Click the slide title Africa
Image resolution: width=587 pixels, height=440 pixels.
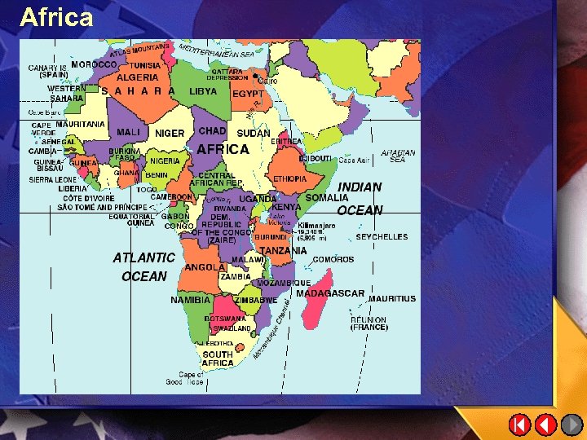56,17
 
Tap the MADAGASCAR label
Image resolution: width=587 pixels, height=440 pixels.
329,293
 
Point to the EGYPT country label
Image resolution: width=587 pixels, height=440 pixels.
248,94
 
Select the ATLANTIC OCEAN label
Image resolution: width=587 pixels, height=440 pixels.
144,267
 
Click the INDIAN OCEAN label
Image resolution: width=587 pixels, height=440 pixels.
360,198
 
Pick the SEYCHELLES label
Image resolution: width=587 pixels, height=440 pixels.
382,237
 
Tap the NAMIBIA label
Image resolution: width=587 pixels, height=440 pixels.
190,300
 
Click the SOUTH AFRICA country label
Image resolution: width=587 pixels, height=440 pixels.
218,359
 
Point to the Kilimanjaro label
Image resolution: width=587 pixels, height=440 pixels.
316,225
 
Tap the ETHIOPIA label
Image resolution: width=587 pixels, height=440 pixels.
290,178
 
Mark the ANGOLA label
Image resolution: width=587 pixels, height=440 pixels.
205,267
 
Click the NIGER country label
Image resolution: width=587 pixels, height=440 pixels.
170,133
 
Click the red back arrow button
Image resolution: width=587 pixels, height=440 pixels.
545,425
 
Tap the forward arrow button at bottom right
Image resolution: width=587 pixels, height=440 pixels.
572,425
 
